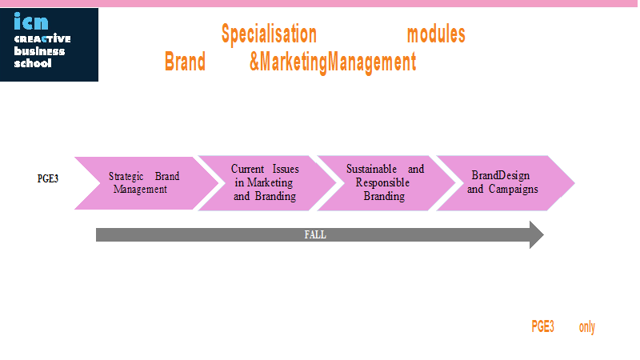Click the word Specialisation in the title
coord(269,34)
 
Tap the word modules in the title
coord(436,34)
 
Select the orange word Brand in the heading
coord(185,62)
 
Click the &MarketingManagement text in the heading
coord(333,62)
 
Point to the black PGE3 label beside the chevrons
coord(48,178)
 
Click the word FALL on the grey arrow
coord(315,234)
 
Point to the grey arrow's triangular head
coord(536,234)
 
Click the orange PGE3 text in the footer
coord(542,326)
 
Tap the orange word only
coord(587,327)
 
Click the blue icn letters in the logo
coord(31,22)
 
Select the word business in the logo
coord(39,51)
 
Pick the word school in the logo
coord(33,63)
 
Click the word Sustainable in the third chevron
coord(371,169)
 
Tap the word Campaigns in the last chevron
coord(514,190)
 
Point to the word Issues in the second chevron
coord(286,169)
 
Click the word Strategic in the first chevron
coord(126,176)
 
